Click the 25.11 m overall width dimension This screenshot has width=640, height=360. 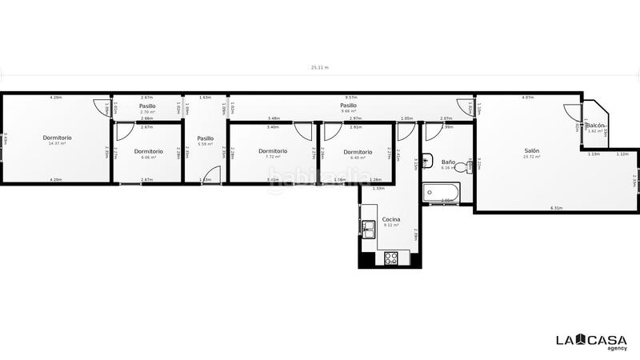click(320, 68)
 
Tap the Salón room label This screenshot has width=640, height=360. click(532, 150)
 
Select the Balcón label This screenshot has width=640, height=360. click(595, 126)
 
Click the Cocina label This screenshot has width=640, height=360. click(391, 219)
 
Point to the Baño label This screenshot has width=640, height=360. click(448, 162)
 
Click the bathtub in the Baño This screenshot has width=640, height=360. click(441, 192)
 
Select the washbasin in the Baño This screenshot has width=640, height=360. click(427, 158)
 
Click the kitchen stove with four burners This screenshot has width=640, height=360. click(392, 258)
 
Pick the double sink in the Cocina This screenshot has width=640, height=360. click(369, 230)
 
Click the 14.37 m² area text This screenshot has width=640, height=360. click(57, 143)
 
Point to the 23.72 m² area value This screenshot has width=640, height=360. click(532, 157)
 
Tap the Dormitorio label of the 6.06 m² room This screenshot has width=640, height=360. click(148, 151)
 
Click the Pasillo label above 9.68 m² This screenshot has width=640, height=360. click(348, 106)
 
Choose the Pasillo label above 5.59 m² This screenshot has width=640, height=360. click(206, 138)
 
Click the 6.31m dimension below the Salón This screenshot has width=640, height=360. click(556, 208)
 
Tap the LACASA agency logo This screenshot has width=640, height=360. click(592, 342)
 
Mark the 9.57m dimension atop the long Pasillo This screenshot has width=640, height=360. click(350, 98)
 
